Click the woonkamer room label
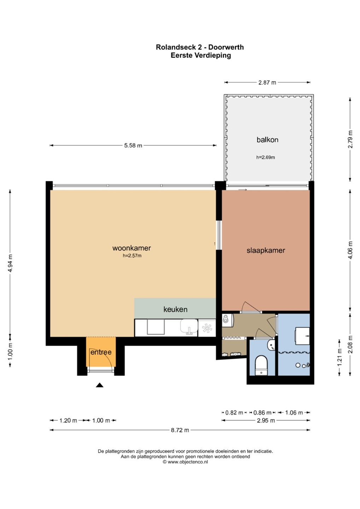pos(132,248)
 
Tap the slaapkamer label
pos(266,250)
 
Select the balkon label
pos(267,140)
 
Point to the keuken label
pos(175,309)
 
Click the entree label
pos(101,352)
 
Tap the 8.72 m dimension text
pos(180,430)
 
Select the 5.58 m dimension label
pos(133,145)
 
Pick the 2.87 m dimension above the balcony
pos(267,82)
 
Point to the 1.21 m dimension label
pos(339,357)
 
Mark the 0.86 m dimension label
pos(262,413)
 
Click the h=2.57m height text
pos(132,256)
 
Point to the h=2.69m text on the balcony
pos(266,157)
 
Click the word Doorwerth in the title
pos(226,47)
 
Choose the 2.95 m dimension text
pos(266,420)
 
